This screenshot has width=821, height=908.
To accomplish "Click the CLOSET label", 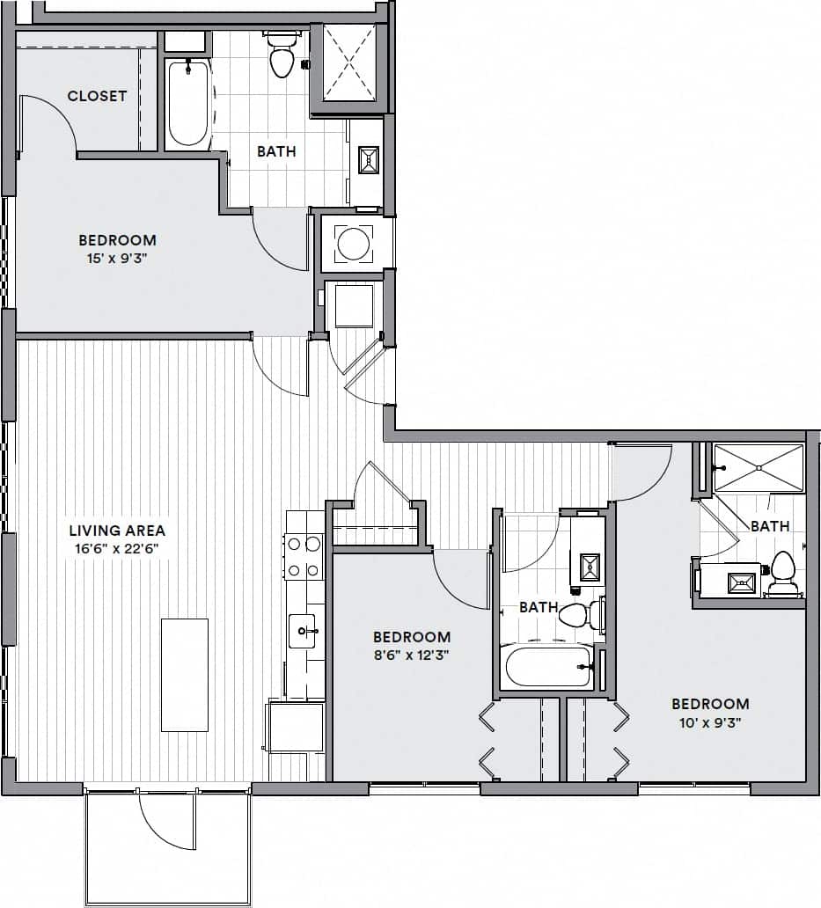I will (x=97, y=96).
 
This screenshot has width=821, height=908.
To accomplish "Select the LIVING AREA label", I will (x=117, y=531).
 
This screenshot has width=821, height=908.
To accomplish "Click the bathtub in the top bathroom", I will (x=187, y=103).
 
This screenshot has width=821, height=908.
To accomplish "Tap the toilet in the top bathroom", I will (x=282, y=57).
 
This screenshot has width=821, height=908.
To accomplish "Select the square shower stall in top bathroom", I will (x=349, y=63).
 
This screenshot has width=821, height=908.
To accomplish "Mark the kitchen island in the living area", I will (x=185, y=675).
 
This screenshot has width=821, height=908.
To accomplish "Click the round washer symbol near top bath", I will (x=354, y=243).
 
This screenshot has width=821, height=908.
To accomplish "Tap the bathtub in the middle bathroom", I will (x=547, y=666).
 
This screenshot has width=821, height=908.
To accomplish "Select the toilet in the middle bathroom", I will (x=575, y=614).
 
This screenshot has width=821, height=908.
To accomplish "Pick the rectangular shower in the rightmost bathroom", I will (x=759, y=468).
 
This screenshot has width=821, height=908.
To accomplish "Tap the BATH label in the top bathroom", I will (x=276, y=151).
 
